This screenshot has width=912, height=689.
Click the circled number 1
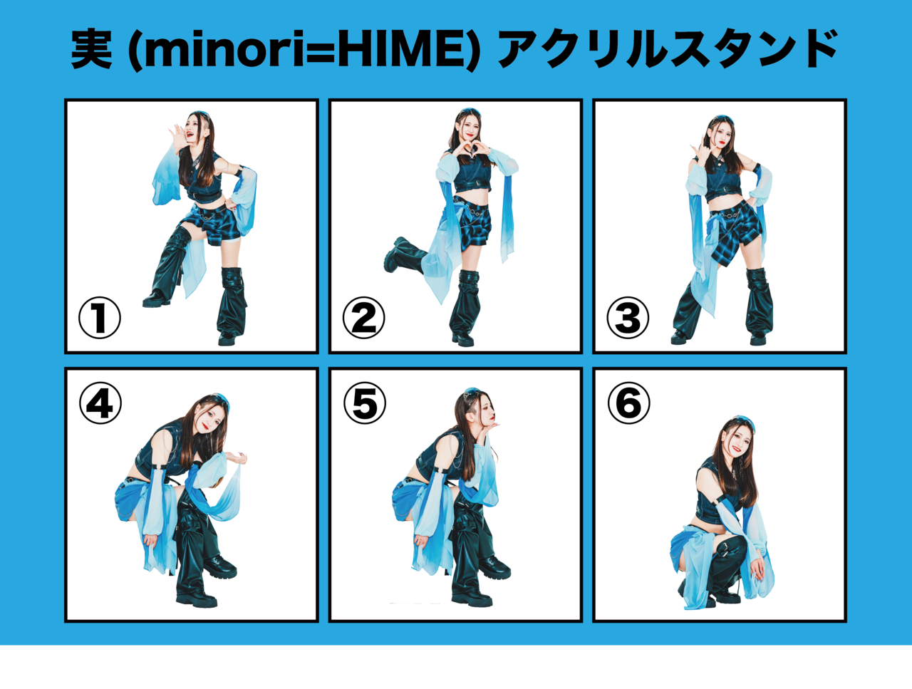[x=100, y=317]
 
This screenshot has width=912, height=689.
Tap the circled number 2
[x=363, y=317]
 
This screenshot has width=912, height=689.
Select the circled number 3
[x=628, y=317]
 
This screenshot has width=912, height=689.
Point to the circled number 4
[x=100, y=403]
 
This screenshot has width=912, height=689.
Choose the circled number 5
[x=364, y=403]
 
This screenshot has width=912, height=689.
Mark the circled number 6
[x=628, y=403]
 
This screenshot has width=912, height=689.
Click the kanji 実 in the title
[x=92, y=49]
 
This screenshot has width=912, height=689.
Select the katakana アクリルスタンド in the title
[x=668, y=49]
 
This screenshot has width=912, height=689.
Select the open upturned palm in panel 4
[x=238, y=458]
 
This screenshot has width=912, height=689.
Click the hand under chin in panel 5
[x=491, y=425]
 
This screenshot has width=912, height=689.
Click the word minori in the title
[x=224, y=51]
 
